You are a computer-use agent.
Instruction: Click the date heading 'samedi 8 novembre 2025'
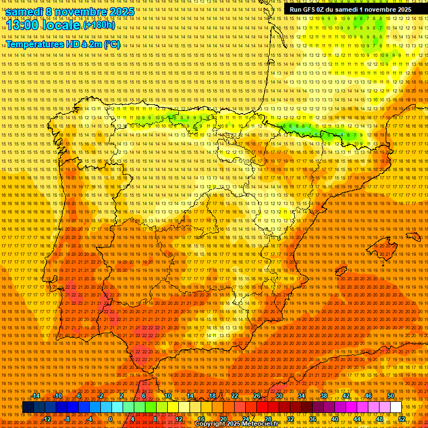click(70, 12)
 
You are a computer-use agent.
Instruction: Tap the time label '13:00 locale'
click(43, 25)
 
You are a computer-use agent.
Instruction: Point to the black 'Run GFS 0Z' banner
click(351, 9)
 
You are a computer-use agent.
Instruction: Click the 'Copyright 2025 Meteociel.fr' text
click(237, 424)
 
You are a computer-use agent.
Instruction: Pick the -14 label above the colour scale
click(37, 396)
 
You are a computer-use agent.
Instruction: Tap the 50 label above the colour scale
click(391, 396)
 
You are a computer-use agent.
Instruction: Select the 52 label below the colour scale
click(402, 419)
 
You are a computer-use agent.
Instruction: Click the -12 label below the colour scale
click(47, 419)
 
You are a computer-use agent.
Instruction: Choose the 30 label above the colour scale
click(279, 396)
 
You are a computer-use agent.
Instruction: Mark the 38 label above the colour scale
click(323, 396)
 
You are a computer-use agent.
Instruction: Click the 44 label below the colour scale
click(357, 419)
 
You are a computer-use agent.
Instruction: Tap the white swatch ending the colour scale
click(396, 407)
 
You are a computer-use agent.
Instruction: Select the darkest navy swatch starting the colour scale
click(28, 407)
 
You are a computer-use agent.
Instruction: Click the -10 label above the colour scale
click(59, 396)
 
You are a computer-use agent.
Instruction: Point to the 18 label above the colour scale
click(212, 396)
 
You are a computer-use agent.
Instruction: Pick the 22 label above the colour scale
click(234, 396)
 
